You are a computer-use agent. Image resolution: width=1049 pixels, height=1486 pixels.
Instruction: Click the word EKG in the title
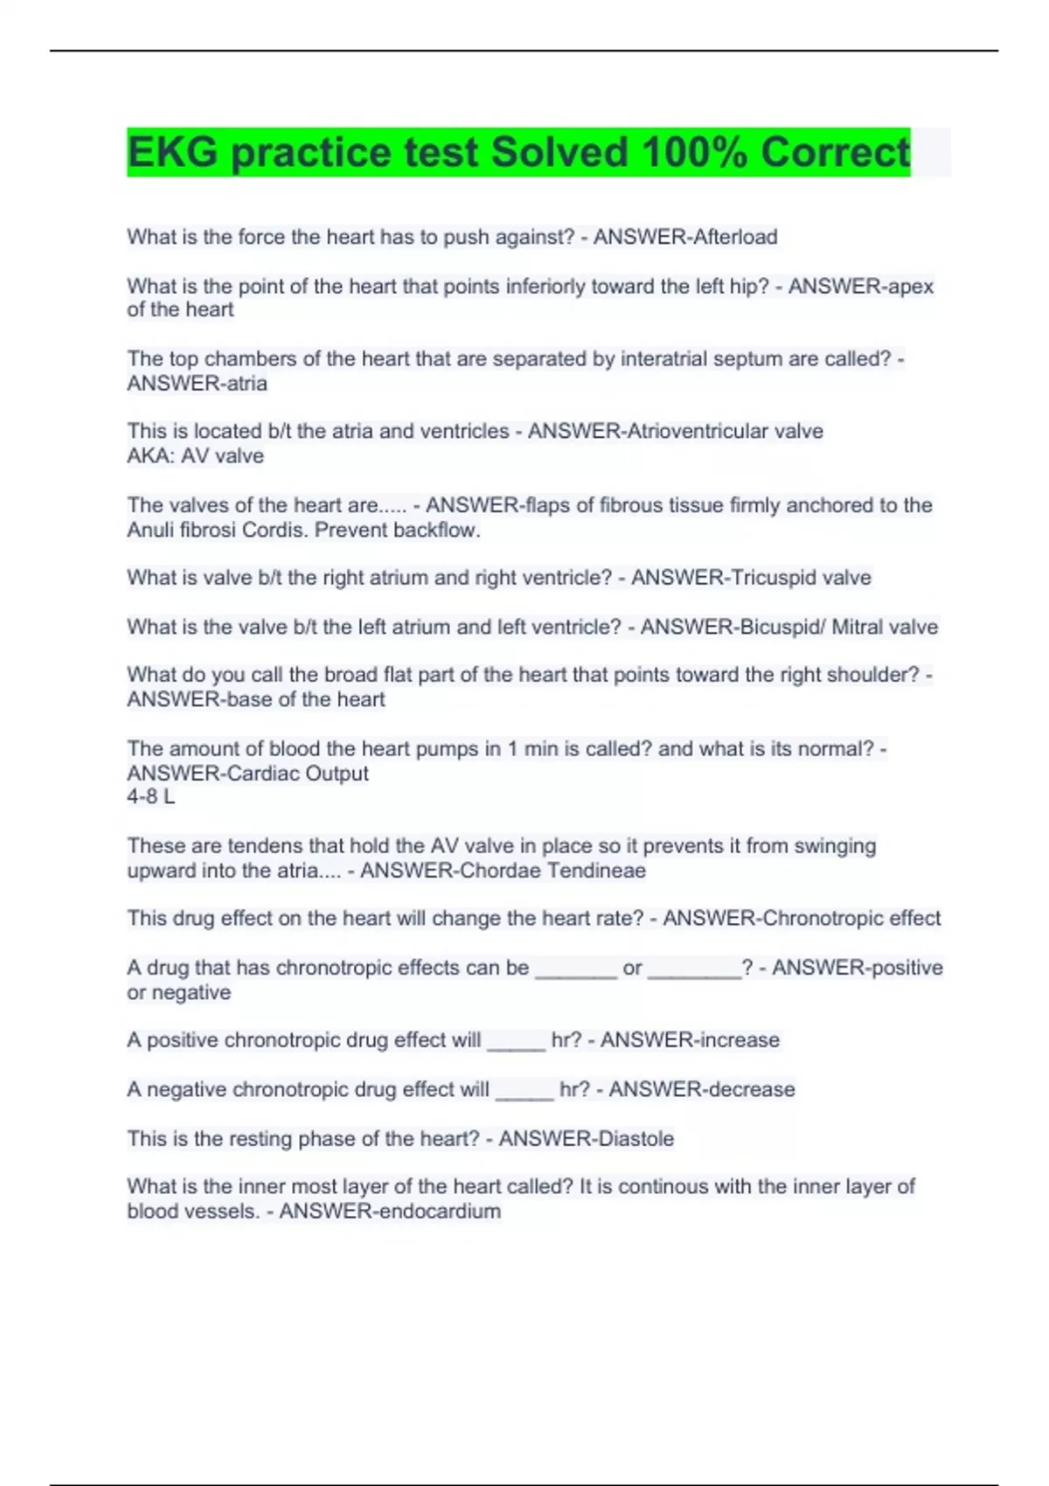(x=172, y=152)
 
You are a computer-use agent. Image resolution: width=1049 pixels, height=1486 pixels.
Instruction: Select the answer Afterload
(x=731, y=237)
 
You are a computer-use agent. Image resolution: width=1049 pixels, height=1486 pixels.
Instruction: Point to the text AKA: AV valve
(x=195, y=455)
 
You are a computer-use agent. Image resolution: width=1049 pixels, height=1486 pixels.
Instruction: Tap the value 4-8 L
(x=150, y=796)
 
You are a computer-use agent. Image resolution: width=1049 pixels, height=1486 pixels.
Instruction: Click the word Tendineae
(x=597, y=871)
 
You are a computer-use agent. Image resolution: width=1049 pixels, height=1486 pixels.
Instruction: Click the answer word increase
(x=733, y=1039)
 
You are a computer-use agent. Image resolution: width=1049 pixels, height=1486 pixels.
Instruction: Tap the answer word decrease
(x=747, y=1089)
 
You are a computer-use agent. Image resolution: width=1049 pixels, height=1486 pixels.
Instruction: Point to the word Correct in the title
(x=835, y=152)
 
